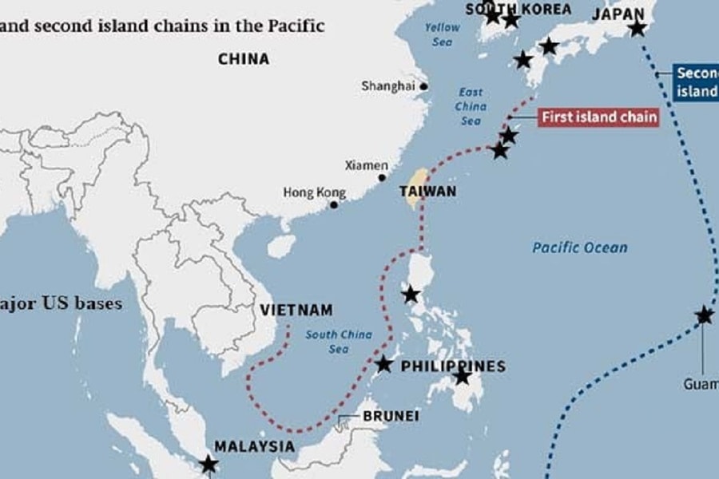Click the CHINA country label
(x=243, y=58)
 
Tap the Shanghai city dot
(x=424, y=86)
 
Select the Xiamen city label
(x=366, y=165)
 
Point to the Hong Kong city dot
(x=334, y=204)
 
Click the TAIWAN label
(x=428, y=192)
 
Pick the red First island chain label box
(x=599, y=117)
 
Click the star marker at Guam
(x=704, y=315)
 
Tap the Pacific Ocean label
(x=580, y=247)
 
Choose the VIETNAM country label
(x=296, y=310)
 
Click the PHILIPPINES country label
(x=453, y=366)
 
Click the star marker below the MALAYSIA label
(x=209, y=464)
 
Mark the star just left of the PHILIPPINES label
(x=383, y=364)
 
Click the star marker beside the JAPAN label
(x=637, y=29)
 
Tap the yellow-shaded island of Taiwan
(x=415, y=188)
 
